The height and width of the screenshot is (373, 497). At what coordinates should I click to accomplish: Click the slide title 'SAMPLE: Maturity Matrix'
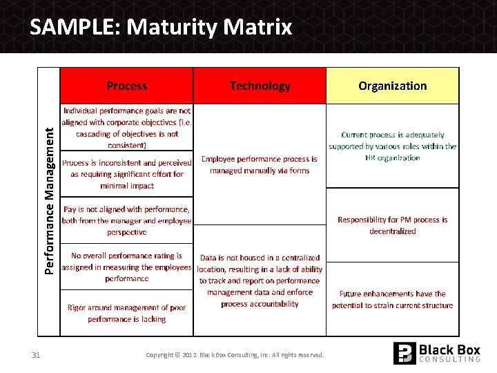[x=161, y=28]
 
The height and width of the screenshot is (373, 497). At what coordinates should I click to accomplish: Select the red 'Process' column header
[x=127, y=86]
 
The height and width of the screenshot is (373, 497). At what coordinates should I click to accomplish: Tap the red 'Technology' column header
[x=260, y=86]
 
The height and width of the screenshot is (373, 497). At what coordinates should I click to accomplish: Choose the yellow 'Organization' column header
[x=392, y=86]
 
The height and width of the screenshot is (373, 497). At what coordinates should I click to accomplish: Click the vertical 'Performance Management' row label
[x=49, y=200]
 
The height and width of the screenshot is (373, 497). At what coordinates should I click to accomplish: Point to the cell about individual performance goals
[x=127, y=128]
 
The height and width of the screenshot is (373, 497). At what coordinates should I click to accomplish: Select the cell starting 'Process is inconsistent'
[x=127, y=174]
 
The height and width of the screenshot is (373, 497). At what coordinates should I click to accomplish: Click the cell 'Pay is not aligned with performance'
[x=127, y=220]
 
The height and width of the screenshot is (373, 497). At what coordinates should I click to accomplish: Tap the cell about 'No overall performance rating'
[x=127, y=267]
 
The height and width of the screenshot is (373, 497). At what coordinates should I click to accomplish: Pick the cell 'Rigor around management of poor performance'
[x=127, y=313]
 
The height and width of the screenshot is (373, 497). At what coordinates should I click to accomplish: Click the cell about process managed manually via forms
[x=260, y=164]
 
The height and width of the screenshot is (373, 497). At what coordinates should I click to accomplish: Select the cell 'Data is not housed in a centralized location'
[x=260, y=280]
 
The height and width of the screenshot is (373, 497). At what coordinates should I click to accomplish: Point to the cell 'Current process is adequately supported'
[x=392, y=146]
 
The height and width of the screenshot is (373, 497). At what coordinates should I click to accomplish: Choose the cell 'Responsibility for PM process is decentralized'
[x=392, y=225]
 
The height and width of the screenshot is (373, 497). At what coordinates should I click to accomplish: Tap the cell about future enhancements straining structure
[x=392, y=299]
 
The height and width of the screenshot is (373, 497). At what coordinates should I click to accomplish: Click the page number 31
[x=36, y=355]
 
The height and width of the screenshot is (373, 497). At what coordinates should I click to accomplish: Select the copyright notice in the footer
[x=235, y=355]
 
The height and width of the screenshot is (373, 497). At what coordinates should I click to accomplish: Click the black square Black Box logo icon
[x=405, y=353]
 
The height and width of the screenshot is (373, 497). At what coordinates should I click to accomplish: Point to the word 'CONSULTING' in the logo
[x=450, y=360]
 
